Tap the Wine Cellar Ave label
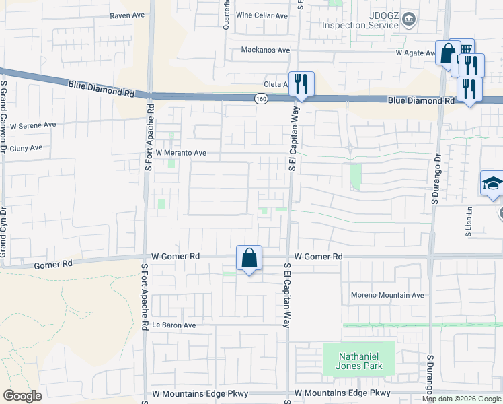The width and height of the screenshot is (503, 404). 262,15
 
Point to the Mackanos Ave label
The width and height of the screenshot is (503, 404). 266,50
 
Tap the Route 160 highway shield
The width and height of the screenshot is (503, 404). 261,99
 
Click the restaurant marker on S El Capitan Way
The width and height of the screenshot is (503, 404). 301,84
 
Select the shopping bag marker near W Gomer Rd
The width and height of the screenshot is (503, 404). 249,258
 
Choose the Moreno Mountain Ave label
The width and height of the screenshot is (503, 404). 387,295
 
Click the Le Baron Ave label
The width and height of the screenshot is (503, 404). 173,325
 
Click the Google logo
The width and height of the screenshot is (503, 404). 22,396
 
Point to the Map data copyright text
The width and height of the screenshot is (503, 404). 461,399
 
